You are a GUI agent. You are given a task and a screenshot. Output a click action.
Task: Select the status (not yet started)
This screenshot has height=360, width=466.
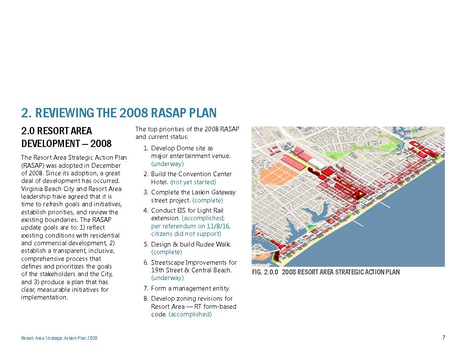[193, 182]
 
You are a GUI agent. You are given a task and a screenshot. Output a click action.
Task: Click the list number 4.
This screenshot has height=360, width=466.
[146, 210]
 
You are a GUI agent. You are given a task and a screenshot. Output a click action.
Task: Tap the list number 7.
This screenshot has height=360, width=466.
[146, 288]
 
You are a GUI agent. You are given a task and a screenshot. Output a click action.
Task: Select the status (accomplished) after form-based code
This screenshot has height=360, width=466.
[190, 314]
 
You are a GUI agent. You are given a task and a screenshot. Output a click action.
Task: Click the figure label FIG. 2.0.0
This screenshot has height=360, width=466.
[265, 272]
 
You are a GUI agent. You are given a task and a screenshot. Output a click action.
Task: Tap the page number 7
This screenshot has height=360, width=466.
[444, 338]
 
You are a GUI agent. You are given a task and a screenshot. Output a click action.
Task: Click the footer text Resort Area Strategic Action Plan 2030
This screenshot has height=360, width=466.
[59, 338]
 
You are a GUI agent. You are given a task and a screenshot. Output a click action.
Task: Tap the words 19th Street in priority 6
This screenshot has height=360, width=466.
[165, 270]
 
